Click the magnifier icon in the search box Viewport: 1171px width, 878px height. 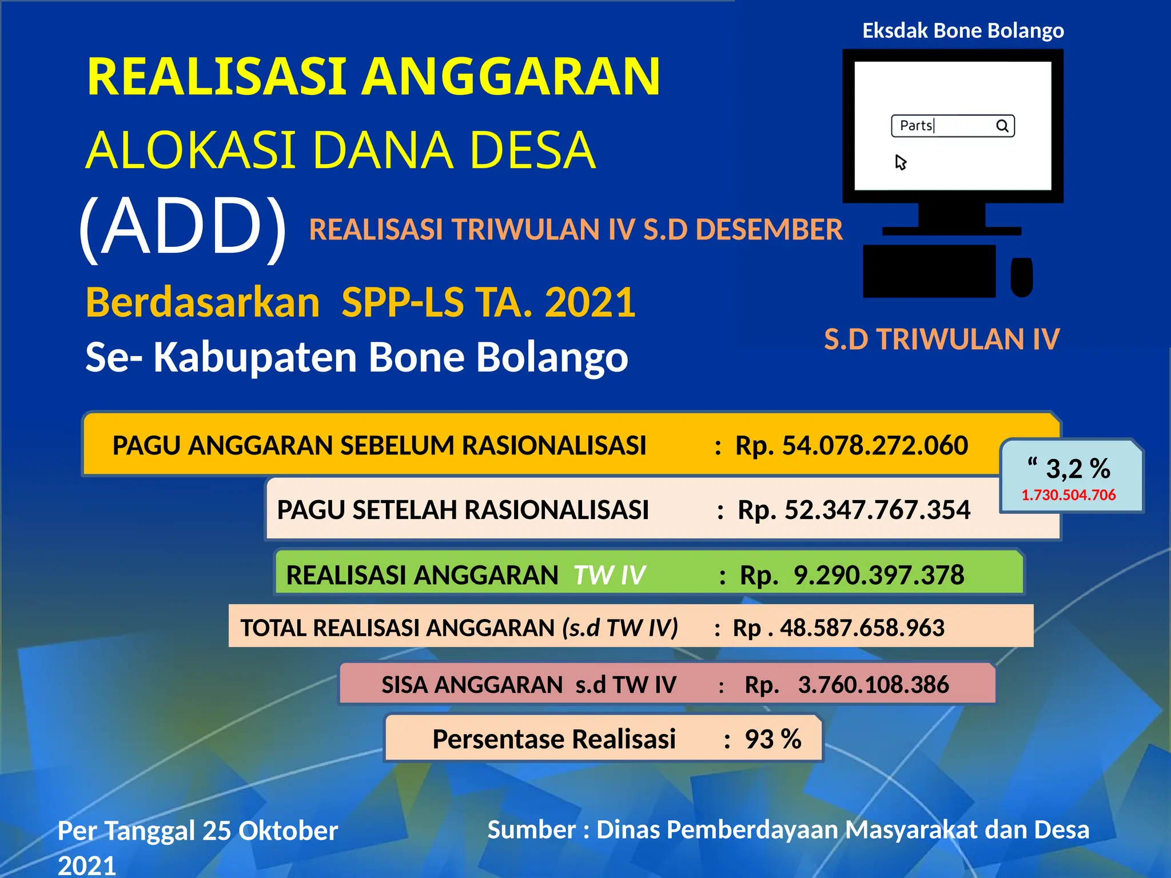pyautogui.click(x=1002, y=126)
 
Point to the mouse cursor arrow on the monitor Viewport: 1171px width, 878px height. pyautogui.click(x=901, y=162)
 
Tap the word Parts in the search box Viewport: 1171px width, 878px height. pyautogui.click(x=916, y=126)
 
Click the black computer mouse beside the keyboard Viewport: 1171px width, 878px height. pyautogui.click(x=1022, y=277)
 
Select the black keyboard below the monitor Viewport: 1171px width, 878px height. pyautogui.click(x=929, y=272)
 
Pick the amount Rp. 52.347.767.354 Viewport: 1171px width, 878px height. pyautogui.click(x=854, y=510)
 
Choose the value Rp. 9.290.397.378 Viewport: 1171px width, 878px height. pyautogui.click(x=851, y=575)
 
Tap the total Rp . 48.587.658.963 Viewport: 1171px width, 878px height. pyautogui.click(x=838, y=628)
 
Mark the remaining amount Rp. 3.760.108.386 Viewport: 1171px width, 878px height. pyautogui.click(x=846, y=685)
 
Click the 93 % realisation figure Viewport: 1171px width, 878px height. pyautogui.click(x=772, y=739)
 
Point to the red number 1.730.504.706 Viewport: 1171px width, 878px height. pyautogui.click(x=1068, y=495)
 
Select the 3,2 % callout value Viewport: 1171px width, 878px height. pyautogui.click(x=1077, y=469)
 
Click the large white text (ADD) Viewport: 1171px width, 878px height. pyautogui.click(x=182, y=227)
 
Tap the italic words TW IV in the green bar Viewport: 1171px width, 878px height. pyautogui.click(x=610, y=575)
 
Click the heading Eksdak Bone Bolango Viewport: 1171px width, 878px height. pyautogui.click(x=963, y=30)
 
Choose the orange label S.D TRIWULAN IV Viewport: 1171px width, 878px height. pyautogui.click(x=942, y=339)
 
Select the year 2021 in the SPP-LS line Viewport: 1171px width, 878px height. pyautogui.click(x=590, y=302)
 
